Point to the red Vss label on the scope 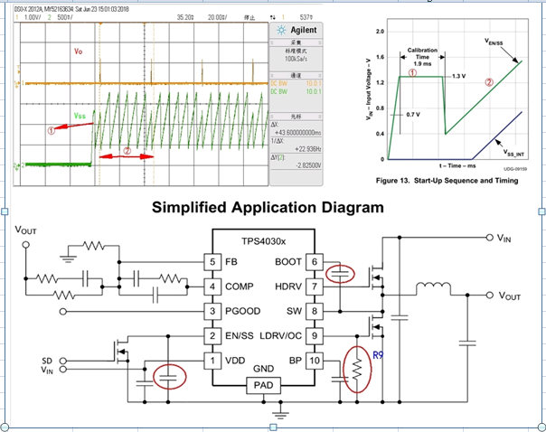coord(80,117)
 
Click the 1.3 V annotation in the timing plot coord(458,73)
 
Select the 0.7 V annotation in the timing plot coord(414,116)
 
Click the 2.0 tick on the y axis coord(380,32)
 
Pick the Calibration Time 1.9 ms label coord(423,56)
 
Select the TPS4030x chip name coord(265,243)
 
